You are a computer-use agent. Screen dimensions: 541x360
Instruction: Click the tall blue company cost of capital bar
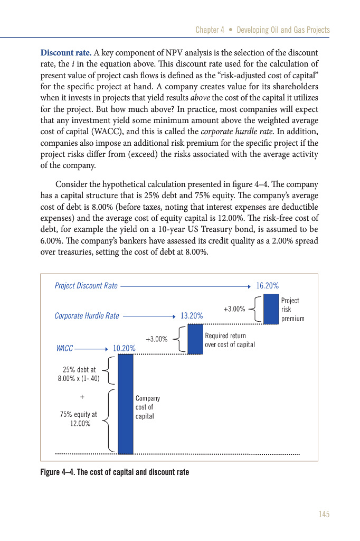[125, 404]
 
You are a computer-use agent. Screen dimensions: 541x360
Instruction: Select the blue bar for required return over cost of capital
[195, 339]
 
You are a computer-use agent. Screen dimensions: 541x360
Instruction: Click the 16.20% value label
[267, 286]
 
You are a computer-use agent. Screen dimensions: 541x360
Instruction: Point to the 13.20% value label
[192, 316]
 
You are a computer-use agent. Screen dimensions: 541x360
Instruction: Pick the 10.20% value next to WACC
[124, 349]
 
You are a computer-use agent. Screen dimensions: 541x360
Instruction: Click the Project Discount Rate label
[86, 286]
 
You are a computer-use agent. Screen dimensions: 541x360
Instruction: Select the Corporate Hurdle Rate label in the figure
[87, 316]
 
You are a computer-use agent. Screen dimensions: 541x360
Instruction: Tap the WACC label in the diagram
[64, 349]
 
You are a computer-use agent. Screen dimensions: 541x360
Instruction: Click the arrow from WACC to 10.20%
[92, 349]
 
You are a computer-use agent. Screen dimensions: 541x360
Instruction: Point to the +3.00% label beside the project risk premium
[234, 309]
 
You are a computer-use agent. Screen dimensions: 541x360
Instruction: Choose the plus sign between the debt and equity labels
[82, 396]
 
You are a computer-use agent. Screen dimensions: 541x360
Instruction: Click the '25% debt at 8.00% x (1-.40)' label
[79, 374]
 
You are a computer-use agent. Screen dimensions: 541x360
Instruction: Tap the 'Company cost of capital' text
[147, 407]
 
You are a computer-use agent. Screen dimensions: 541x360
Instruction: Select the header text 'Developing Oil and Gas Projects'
[283, 30]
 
